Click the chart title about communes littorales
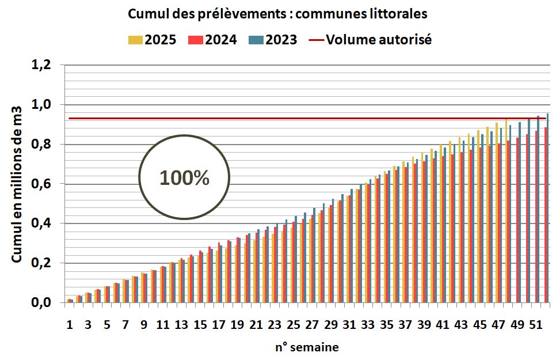tap(277, 14)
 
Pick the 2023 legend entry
tap(273, 40)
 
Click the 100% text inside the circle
tap(184, 178)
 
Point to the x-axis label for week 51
tap(535, 325)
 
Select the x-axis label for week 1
tap(70, 325)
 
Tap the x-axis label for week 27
tap(312, 325)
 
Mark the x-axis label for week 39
tap(424, 325)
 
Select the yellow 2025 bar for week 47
tap(497, 213)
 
